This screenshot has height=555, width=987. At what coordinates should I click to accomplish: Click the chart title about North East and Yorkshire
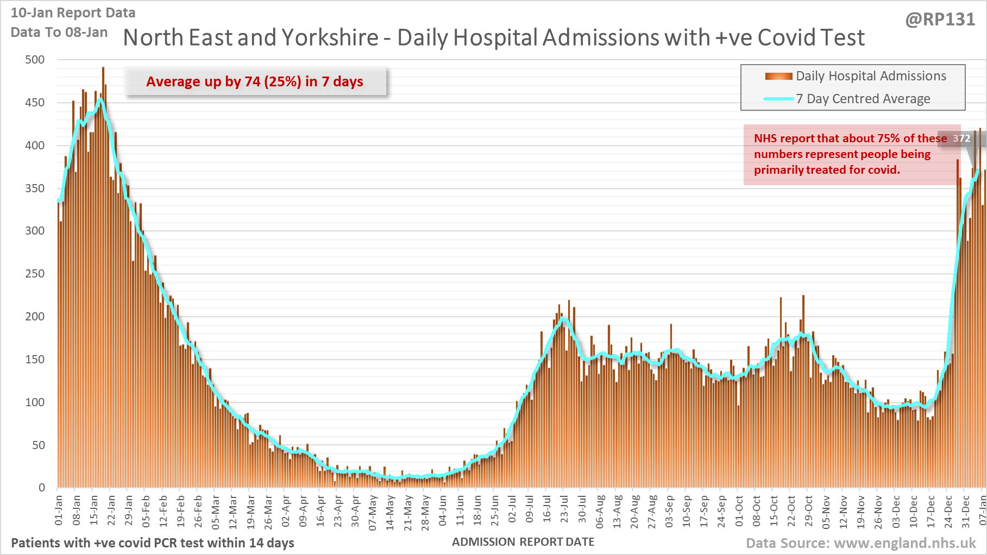click(x=494, y=38)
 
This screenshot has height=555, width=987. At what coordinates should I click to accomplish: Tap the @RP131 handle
click(x=940, y=20)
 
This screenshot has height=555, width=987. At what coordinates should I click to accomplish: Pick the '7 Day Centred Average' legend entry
click(x=863, y=99)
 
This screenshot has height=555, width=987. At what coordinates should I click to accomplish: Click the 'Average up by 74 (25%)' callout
click(x=255, y=81)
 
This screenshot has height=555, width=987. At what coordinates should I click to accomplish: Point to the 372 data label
click(x=961, y=138)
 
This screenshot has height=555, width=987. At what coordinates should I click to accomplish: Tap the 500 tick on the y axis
click(x=35, y=60)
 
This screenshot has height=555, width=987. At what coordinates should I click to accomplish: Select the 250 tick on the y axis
click(x=35, y=274)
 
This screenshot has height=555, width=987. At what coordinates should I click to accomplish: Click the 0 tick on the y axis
click(x=41, y=488)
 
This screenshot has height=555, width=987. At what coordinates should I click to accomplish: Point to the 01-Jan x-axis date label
click(x=59, y=510)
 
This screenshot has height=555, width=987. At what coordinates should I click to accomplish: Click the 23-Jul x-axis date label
click(x=564, y=510)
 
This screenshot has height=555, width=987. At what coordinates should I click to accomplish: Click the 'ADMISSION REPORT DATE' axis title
click(x=523, y=542)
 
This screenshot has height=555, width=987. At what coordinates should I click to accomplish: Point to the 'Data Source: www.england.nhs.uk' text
click(x=860, y=543)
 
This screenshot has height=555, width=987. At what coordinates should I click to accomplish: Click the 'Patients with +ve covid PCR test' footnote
click(x=153, y=543)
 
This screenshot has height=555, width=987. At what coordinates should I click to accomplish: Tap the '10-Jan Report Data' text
click(x=73, y=13)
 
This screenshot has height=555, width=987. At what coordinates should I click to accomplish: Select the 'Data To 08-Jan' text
click(x=59, y=33)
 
